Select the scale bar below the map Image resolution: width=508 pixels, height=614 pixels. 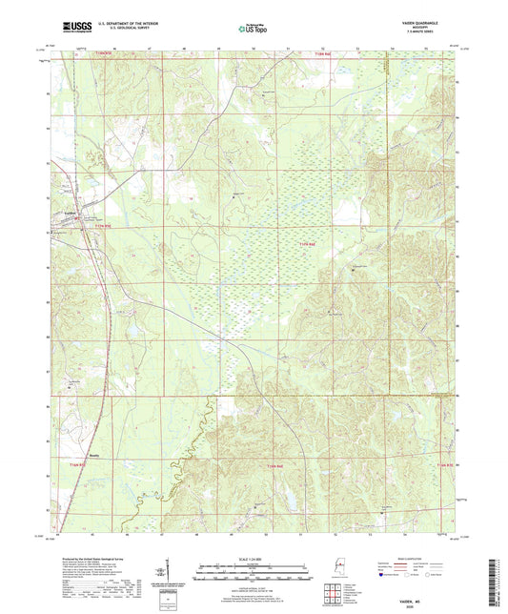pyautogui.click(x=254, y=572)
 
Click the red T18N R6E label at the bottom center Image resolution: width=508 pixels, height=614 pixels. pyautogui.click(x=276, y=464)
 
